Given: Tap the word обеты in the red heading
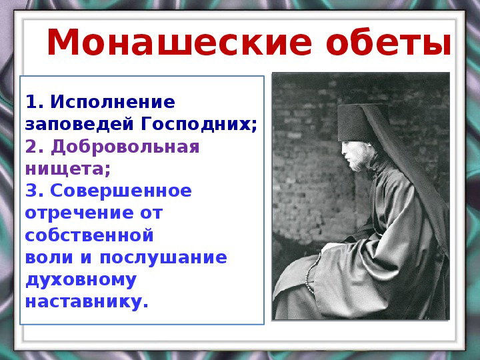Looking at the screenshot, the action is [389, 43].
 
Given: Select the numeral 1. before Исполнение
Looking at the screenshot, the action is [34, 102].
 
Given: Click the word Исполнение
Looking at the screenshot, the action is [113, 102].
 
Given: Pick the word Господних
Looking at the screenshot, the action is [199, 125].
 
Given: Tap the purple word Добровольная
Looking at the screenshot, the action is [125, 147].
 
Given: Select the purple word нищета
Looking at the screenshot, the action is [67, 169].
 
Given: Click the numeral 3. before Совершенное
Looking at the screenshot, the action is [35, 191].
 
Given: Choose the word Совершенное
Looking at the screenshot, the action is [121, 191].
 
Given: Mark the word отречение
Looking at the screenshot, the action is [79, 213].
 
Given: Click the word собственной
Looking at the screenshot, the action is [89, 235].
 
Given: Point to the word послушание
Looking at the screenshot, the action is [163, 258].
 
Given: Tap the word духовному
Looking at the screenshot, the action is [81, 281].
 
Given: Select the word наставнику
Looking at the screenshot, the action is [87, 302].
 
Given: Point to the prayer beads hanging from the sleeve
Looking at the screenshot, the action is [313, 273].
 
